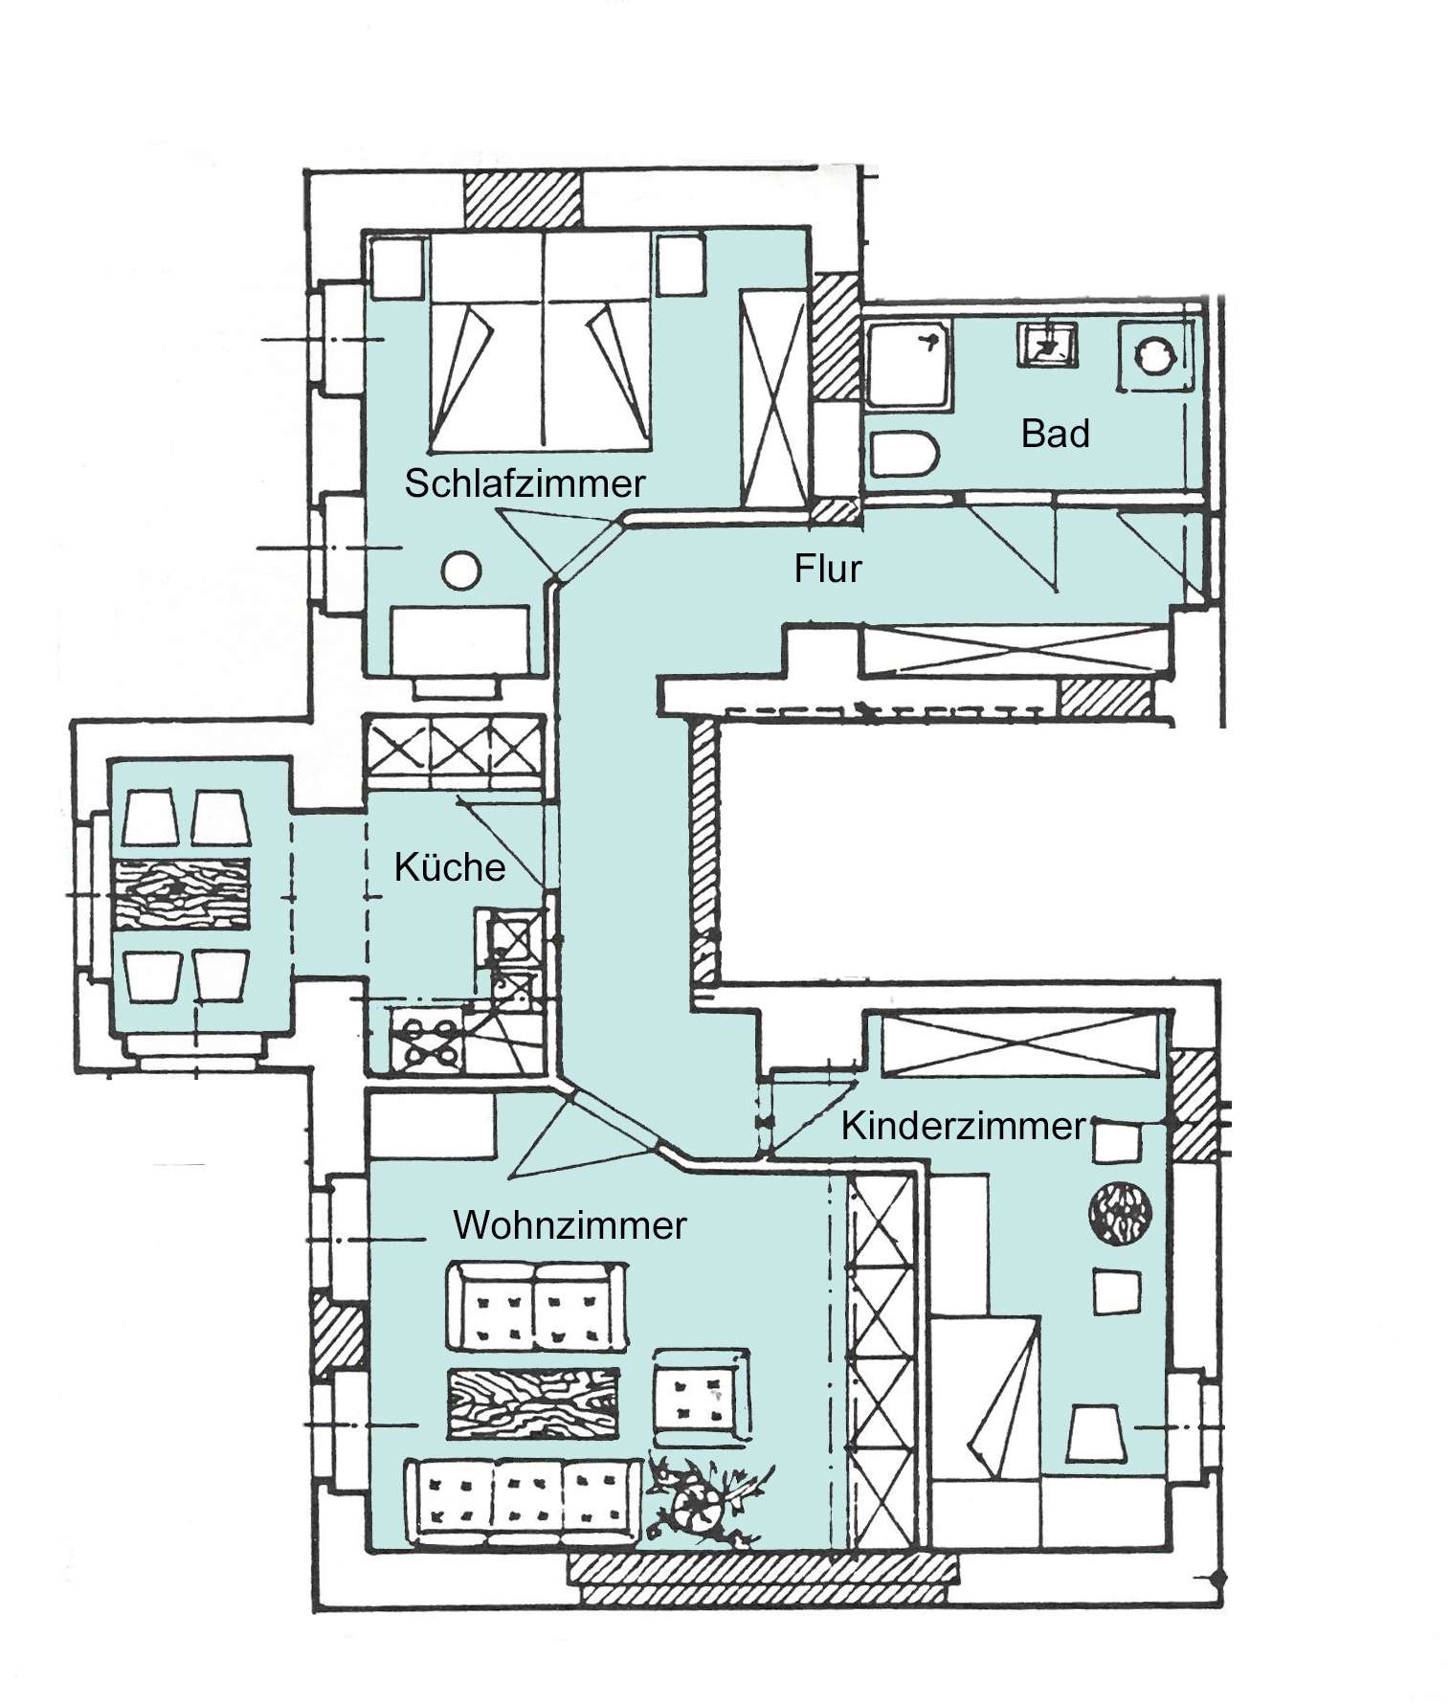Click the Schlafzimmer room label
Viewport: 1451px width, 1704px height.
(x=525, y=483)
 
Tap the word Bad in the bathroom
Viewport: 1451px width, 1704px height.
(x=1055, y=434)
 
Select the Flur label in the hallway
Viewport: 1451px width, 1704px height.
(x=827, y=569)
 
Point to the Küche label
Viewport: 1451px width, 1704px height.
(x=450, y=867)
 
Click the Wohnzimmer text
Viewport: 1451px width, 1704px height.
(x=569, y=1225)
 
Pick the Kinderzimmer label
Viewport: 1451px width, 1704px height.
(x=963, y=1126)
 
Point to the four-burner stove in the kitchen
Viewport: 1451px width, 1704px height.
(x=427, y=1042)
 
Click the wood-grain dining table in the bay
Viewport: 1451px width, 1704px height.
(x=182, y=892)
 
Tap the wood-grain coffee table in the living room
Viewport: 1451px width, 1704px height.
(x=533, y=1402)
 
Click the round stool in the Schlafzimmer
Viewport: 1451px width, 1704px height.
(x=461, y=572)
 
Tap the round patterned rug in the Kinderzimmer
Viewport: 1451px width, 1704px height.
(x=1119, y=1214)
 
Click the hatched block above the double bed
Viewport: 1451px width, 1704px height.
(x=523, y=199)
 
